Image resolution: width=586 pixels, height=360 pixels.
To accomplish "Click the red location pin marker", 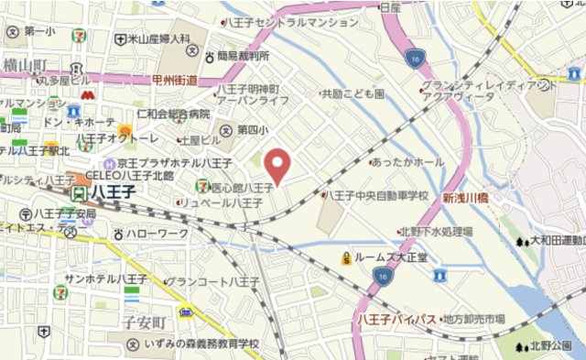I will tap(278, 165).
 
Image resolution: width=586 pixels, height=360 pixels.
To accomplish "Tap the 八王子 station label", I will tap(111, 193).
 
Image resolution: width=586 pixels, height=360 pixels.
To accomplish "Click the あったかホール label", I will tap(408, 162).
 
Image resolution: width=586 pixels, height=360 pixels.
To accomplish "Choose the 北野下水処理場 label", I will tap(435, 232).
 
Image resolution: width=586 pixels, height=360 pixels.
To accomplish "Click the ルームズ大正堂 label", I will tap(385, 257).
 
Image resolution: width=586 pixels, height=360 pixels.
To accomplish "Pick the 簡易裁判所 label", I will tap(242, 56).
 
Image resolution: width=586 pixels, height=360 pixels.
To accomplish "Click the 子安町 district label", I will tap(145, 323).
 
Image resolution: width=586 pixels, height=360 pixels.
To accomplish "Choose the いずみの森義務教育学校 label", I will tap(201, 344).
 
